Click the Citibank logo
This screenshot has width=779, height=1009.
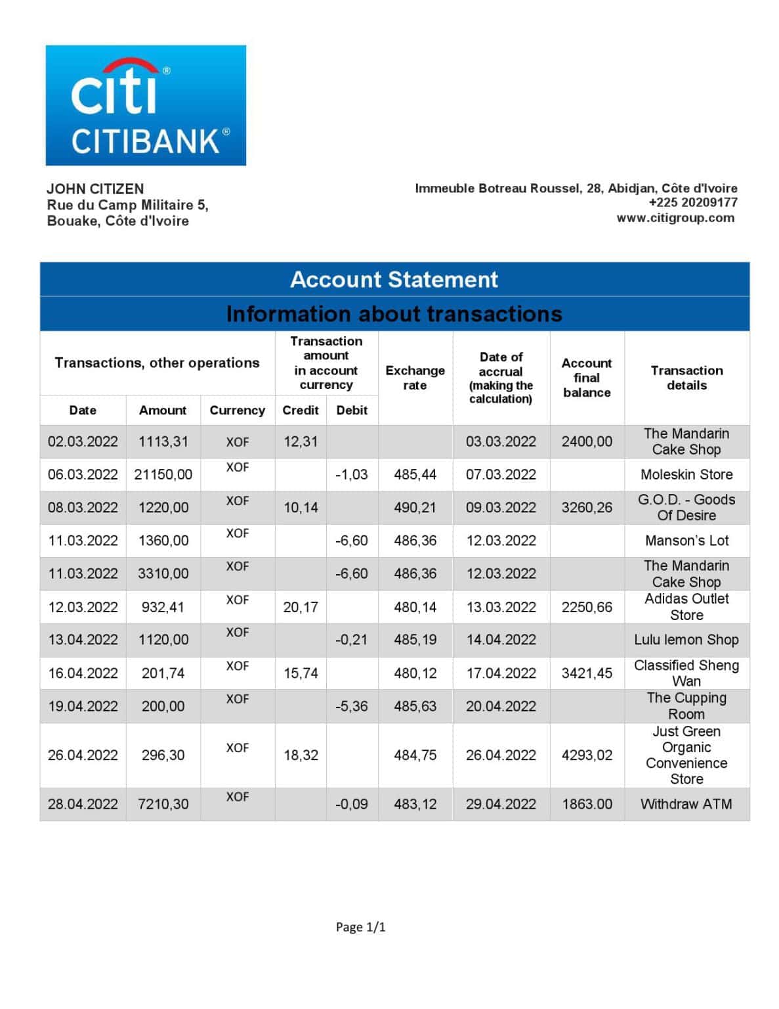pos(145,105)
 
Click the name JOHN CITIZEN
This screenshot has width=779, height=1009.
pos(95,189)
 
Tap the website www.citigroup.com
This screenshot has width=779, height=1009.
pos(675,218)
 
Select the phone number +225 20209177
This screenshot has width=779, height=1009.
pos(692,202)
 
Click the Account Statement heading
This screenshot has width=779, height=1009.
pos(394,279)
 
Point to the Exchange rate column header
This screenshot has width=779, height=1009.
pos(415,378)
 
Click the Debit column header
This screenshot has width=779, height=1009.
pos(352,410)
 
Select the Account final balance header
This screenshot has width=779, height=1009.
pos(586,378)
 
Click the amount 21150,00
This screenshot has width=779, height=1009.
pos(163,474)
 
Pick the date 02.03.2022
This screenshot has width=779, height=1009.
pos(83,441)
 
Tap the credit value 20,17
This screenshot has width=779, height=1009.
pos(301,607)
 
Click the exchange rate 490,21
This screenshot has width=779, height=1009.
pos(415,507)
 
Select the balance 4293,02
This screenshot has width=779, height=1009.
pos(586,755)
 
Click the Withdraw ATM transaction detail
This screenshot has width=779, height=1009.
pos(686,804)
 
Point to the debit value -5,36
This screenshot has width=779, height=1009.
pos(351,706)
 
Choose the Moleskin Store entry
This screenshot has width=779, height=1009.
pos(686,474)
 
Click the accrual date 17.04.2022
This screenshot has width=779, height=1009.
pos(501,673)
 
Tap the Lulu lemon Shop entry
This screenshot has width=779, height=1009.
pos(686,640)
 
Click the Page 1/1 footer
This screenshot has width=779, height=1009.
pos(360,927)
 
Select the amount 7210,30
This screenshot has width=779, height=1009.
pos(163,804)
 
